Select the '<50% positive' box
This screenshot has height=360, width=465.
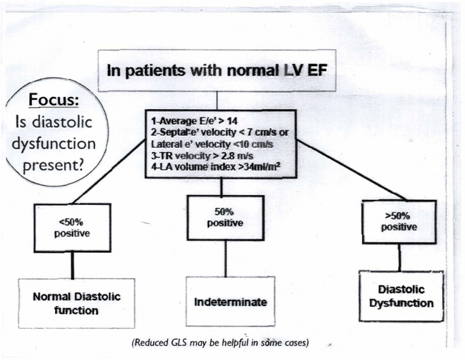click(x=73, y=228)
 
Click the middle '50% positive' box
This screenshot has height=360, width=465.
click(x=225, y=218)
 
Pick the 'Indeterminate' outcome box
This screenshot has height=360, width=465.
click(x=229, y=301)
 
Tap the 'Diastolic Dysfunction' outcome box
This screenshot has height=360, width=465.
click(x=401, y=296)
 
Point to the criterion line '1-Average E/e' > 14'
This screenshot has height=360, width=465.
click(x=188, y=121)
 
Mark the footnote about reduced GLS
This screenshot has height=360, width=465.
click(x=221, y=343)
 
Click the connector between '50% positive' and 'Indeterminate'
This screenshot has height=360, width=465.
click(x=225, y=258)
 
